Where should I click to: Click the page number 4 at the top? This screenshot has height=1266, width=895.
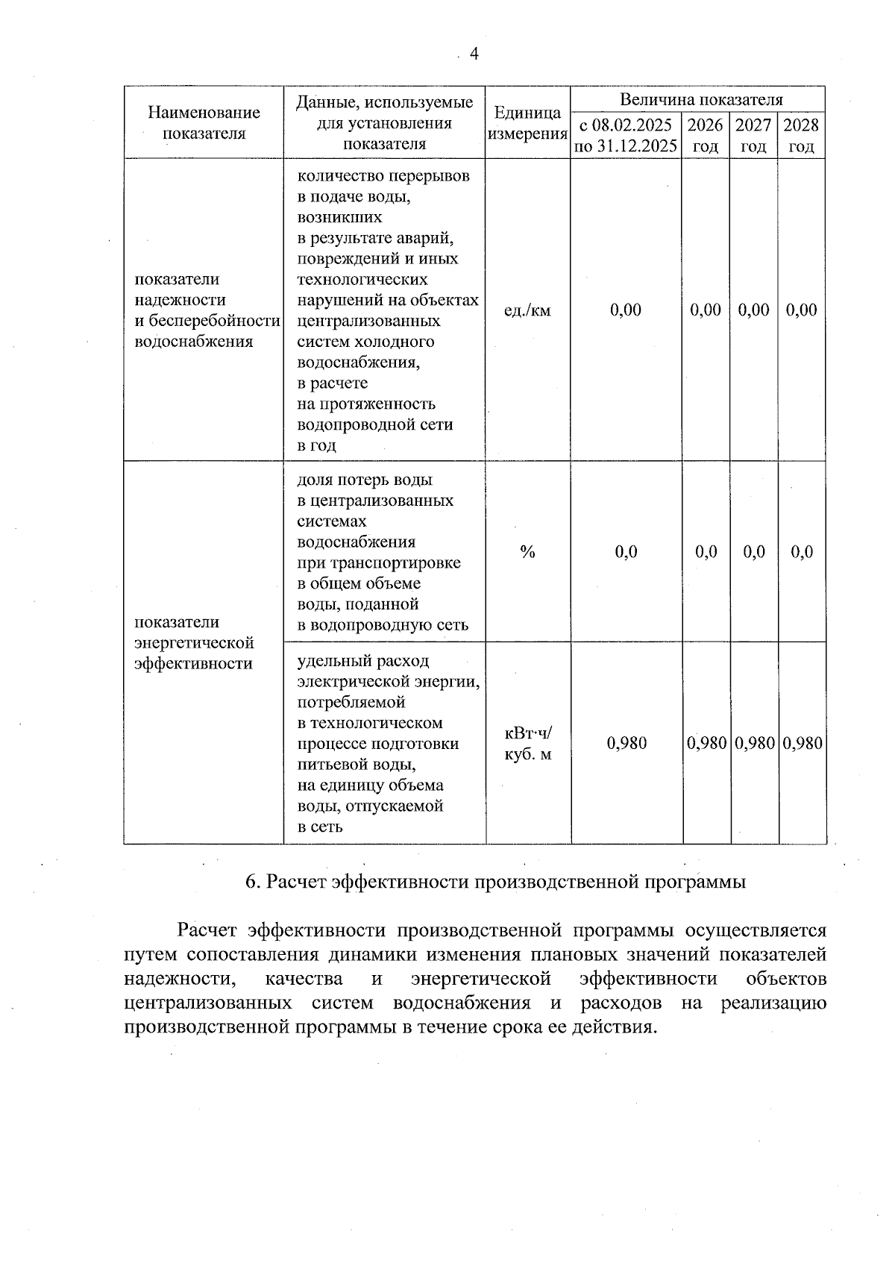pos(474,54)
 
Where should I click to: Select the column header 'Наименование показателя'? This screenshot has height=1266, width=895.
pos(204,122)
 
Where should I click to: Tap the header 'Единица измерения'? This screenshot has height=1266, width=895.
pos(527,123)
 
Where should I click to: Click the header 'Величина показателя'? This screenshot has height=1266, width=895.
pos(701,99)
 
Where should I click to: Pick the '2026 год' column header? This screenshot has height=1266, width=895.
pos(706,135)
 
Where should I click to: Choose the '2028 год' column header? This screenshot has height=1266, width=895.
pos(801,135)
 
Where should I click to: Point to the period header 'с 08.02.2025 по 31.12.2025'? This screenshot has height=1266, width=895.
pos(626,135)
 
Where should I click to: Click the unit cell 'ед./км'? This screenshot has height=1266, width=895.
pos(527,310)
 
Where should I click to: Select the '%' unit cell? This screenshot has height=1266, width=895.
pos(527,552)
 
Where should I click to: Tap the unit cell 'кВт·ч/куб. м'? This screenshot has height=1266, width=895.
pos(528,743)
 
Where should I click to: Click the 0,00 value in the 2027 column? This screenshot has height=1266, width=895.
pos(753,310)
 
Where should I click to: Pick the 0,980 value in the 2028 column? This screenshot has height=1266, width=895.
pos(803,743)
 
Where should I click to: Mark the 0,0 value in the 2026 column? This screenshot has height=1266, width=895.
pos(706,552)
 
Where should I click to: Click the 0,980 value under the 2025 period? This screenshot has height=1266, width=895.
pos(626,743)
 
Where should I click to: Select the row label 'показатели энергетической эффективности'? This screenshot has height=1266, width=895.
pos(194,643)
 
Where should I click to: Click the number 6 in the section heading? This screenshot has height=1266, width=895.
pos(251,882)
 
